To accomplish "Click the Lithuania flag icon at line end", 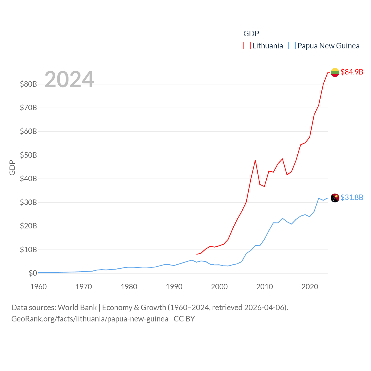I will click(x=335, y=72).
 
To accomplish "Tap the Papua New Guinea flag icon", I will click(x=335, y=198).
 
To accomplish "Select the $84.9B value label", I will click(x=352, y=72).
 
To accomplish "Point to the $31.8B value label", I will click(x=352, y=197).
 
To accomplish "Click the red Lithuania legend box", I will click(x=247, y=46).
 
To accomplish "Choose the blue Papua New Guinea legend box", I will click(x=292, y=46).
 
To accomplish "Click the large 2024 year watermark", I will click(x=69, y=79).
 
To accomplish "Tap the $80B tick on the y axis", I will click(x=28, y=84).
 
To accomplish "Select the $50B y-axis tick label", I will click(x=28, y=155).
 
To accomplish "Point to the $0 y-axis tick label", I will click(x=33, y=273).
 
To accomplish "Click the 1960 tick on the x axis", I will click(x=38, y=287).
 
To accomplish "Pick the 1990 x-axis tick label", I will click(x=174, y=287).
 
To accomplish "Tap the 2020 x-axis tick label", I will click(x=310, y=287).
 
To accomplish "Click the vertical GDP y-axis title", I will click(x=12, y=168).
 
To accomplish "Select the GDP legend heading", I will click(x=251, y=34).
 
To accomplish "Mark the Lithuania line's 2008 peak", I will click(x=255, y=160).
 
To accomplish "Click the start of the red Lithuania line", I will click(x=197, y=254).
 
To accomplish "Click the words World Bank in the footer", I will click(x=77, y=307).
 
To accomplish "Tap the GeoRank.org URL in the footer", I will click(x=90, y=319).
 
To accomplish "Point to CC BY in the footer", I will click(x=184, y=319).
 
